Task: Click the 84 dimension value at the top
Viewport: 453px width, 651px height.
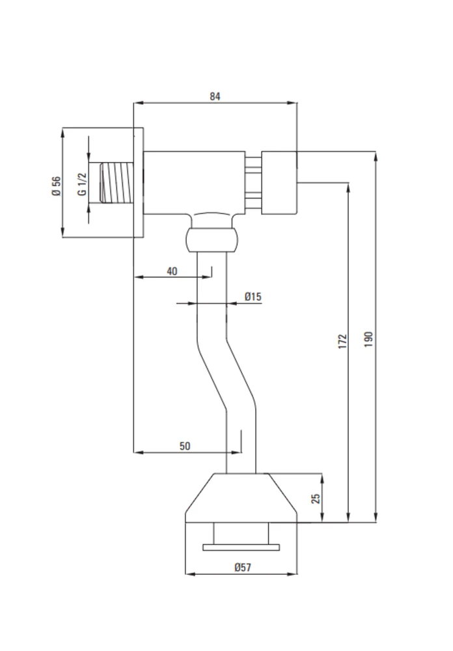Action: point(215,96)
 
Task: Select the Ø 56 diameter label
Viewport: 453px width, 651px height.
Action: point(56,186)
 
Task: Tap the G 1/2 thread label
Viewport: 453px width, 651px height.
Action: point(82,184)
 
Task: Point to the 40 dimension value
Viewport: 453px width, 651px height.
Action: point(172,271)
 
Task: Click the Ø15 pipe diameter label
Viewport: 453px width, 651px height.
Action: point(253,296)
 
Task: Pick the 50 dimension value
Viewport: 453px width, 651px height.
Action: point(185,446)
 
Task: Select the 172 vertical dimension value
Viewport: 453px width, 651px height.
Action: point(342,340)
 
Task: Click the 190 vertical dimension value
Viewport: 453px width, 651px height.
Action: point(368,339)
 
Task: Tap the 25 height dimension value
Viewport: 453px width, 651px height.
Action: point(316,498)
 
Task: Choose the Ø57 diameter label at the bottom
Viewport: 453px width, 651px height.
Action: point(243,567)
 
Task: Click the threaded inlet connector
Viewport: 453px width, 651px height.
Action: point(117,183)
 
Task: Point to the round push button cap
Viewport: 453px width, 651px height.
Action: point(279,183)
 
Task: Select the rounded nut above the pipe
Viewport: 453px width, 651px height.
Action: point(212,240)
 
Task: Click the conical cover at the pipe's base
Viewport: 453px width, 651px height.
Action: point(241,497)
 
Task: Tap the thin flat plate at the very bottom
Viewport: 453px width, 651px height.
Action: point(241,547)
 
